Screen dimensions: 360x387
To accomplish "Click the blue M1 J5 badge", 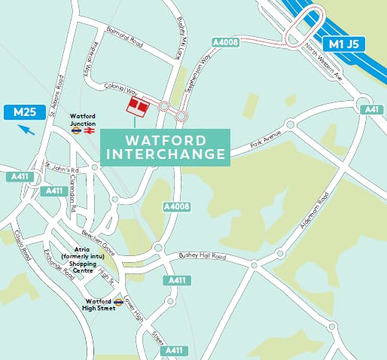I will pos(345,44).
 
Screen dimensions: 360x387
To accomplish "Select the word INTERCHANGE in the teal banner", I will pos(166,154).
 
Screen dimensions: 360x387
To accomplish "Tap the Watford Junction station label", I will pos(82,119).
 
